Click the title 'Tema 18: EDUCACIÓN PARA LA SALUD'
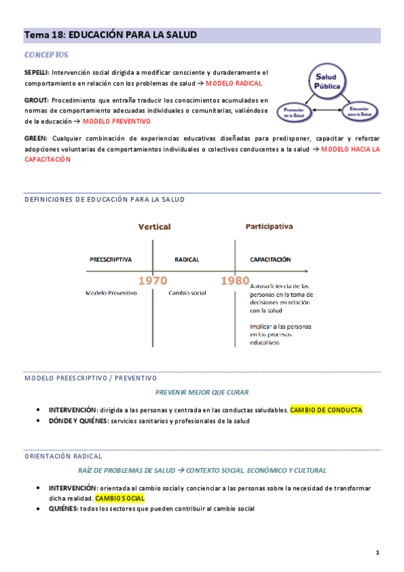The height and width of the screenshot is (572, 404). click(x=111, y=34)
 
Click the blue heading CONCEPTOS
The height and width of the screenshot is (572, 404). click(x=46, y=54)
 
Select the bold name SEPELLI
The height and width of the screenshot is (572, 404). click(x=36, y=72)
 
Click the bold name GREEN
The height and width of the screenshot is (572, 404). click(x=34, y=138)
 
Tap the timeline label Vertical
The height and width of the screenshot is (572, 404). click(x=154, y=227)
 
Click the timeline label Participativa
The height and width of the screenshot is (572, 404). click(x=269, y=227)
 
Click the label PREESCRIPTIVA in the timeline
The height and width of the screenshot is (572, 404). click(x=111, y=259)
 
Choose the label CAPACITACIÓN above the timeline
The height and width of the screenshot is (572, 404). click(x=270, y=259)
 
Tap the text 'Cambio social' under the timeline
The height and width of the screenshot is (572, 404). click(x=188, y=293)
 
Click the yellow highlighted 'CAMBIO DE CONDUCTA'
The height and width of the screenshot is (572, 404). click(x=326, y=409)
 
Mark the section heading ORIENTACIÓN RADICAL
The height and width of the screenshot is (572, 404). click(x=63, y=457)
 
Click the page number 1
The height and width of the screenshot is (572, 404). click(x=378, y=553)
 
